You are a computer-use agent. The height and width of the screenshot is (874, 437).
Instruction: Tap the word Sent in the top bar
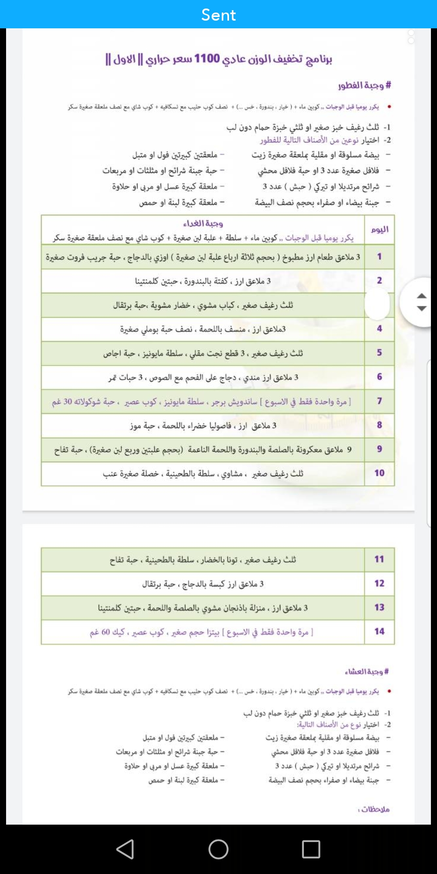(218, 15)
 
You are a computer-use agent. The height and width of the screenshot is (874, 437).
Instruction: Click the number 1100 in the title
(207, 59)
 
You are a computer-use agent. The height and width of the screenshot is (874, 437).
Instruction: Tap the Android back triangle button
(125, 849)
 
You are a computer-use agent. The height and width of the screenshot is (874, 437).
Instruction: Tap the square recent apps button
(311, 849)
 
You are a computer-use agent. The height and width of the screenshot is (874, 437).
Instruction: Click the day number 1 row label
(379, 257)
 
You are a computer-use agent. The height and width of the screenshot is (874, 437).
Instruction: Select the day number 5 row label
(379, 352)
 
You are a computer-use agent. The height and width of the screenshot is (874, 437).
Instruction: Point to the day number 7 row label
(379, 401)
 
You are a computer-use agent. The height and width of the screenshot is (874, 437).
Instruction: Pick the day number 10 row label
(379, 473)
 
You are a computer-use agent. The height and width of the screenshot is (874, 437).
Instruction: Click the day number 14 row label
(379, 631)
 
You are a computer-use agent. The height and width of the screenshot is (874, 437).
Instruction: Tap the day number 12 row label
(379, 583)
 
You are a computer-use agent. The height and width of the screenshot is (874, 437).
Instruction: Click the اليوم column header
(380, 229)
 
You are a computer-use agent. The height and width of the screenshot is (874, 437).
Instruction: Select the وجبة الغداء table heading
(203, 223)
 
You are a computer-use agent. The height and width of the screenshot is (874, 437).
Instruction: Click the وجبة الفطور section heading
(364, 85)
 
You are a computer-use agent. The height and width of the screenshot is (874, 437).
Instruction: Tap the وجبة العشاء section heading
(367, 672)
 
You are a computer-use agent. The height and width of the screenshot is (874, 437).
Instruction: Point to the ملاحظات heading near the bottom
(374, 809)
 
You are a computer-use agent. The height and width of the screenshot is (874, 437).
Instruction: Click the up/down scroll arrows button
(421, 302)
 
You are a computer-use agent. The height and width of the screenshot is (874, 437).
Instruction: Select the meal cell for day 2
(203, 281)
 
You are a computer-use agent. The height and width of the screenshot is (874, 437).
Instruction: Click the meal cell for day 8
(203, 425)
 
